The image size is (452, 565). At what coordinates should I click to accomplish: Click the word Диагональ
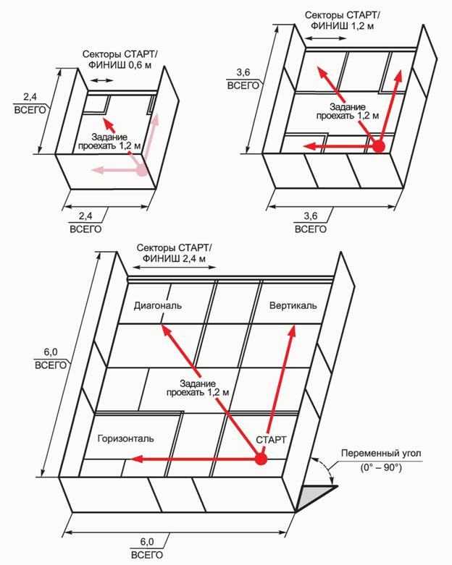(x=158, y=306)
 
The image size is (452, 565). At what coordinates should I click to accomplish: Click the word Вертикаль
(x=293, y=305)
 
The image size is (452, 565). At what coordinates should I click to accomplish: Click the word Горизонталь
(x=126, y=438)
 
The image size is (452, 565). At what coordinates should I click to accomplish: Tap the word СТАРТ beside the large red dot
(x=271, y=440)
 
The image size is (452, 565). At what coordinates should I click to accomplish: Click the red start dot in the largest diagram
(x=261, y=459)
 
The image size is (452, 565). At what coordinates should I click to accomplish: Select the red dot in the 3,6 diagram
(x=379, y=146)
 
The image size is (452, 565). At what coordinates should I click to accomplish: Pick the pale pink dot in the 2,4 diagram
(x=142, y=169)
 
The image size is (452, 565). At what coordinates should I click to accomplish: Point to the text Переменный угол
(x=381, y=453)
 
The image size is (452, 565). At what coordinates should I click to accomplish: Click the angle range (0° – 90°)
(x=381, y=468)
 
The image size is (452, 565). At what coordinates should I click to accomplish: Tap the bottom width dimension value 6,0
(x=147, y=542)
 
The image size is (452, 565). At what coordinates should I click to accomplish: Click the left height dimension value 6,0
(x=51, y=352)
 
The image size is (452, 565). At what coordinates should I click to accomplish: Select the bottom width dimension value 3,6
(x=311, y=216)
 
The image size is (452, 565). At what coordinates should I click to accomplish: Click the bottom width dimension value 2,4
(x=85, y=216)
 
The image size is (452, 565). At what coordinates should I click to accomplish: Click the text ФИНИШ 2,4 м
(x=174, y=258)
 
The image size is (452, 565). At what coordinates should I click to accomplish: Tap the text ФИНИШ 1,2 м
(x=343, y=25)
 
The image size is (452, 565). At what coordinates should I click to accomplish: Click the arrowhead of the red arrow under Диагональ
(x=165, y=330)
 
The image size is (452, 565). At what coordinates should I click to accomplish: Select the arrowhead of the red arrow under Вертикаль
(x=291, y=331)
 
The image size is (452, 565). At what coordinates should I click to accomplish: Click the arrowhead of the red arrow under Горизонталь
(x=136, y=459)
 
